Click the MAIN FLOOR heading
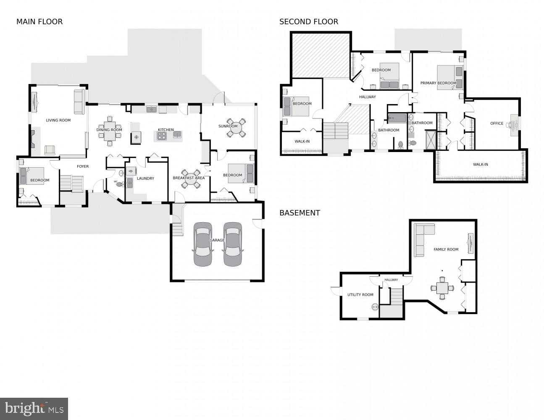tap(39, 21)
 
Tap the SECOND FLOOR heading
tap(308, 21)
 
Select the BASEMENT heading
tap(300, 213)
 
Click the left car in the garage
tap(202, 244)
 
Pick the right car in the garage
tap(232, 244)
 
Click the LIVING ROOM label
tap(58, 121)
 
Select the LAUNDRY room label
tap(145, 178)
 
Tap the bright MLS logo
tap(34, 408)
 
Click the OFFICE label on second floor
tap(497, 123)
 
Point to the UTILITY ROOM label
tap(360, 295)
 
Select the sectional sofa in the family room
tap(421, 238)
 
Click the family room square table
tap(442, 288)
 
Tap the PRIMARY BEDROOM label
tap(438, 83)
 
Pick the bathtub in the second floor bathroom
tap(398, 118)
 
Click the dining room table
tap(109, 130)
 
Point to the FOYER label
tap(83, 166)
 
